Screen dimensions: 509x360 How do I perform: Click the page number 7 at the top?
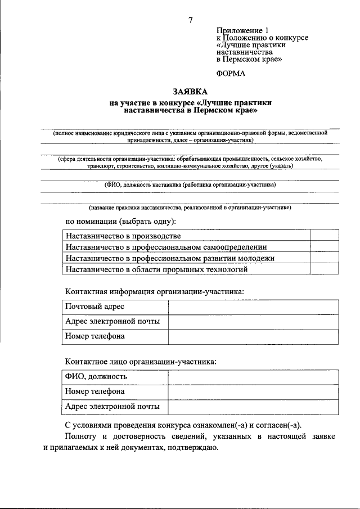[x=191, y=20]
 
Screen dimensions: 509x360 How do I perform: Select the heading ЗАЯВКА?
[x=191, y=92]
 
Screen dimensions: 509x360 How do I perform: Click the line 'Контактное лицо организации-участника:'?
[x=141, y=363]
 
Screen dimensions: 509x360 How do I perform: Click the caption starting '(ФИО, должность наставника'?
[x=190, y=184]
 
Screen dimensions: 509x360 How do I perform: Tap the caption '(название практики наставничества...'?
[x=190, y=208]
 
